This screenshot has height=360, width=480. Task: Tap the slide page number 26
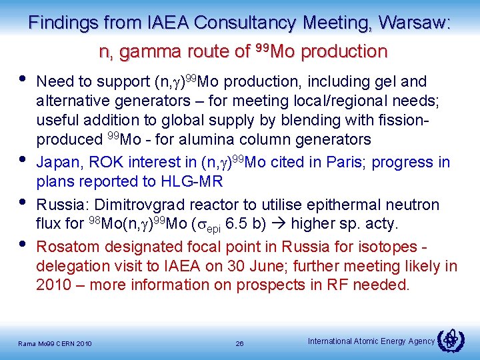point(239,343)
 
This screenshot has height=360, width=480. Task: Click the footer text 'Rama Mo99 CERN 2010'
point(55,344)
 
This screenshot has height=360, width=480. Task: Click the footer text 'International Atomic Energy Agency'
point(371,341)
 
